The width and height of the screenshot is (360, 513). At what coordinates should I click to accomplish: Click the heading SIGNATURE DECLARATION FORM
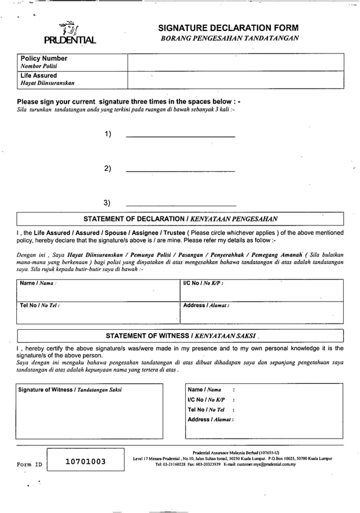pos(228,28)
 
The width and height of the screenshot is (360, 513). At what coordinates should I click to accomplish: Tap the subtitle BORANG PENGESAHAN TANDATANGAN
pos(228,38)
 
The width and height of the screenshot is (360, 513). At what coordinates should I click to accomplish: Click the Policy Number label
pos(43,59)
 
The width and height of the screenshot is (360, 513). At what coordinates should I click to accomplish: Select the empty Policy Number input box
pos(235,62)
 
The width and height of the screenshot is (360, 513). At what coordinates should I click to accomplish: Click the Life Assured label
pos(38,76)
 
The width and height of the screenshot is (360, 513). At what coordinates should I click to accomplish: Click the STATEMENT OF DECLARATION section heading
pos(180,219)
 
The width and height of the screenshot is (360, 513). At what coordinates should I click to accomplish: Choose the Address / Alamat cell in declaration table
pos(261,313)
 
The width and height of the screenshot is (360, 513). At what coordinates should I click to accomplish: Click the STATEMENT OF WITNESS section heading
pos(180,336)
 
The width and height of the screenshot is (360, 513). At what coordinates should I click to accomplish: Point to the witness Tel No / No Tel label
pos(206,409)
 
